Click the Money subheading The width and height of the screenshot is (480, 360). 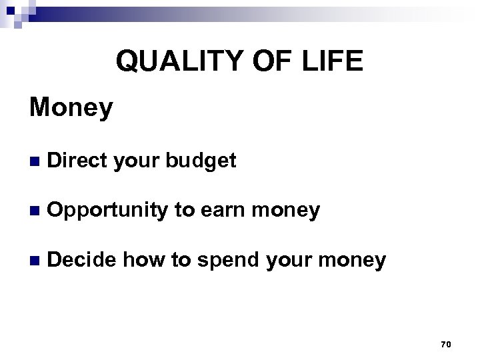tap(71, 108)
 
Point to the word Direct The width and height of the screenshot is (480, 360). tap(79, 161)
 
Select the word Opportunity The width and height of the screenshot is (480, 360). tap(107, 211)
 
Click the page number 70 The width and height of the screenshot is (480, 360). tap(446, 344)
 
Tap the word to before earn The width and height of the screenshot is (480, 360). tap(183, 211)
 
